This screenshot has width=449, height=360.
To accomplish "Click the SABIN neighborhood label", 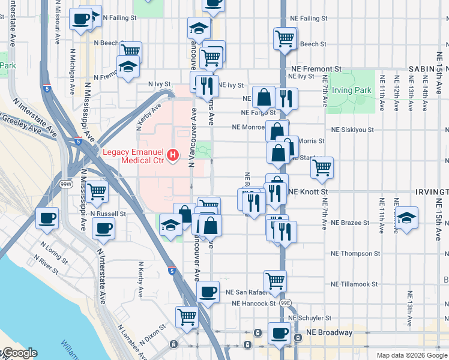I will point(421,70).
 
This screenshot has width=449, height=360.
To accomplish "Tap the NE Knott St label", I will point(309,192).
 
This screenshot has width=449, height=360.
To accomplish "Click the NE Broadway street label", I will point(331,333).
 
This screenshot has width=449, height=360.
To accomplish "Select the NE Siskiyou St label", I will point(353,129).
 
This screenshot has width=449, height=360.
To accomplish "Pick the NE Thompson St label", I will point(351,254).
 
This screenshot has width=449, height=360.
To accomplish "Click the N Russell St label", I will point(108,213).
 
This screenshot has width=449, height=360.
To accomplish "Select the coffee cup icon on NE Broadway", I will point(279,333).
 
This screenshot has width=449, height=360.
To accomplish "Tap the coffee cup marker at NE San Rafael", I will point(208,292).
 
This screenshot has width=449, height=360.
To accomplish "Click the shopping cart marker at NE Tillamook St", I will point(275,280).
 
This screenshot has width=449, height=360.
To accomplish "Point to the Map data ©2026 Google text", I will point(412,355).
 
